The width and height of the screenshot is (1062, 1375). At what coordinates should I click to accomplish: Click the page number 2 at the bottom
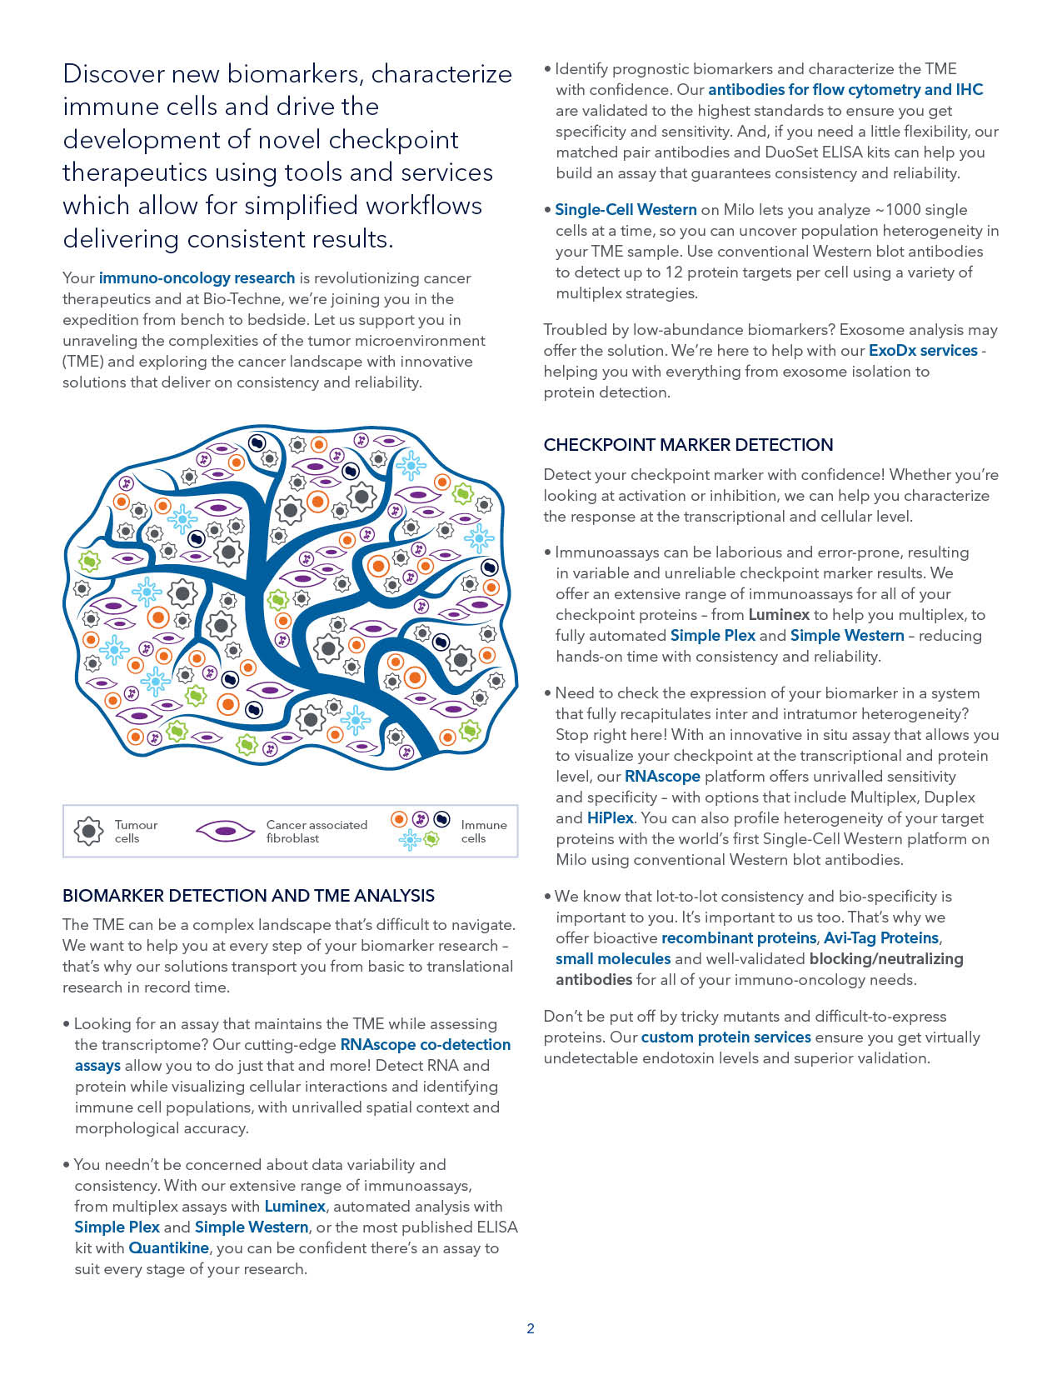point(531,1328)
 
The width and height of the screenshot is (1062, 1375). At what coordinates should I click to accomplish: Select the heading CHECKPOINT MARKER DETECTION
point(688,445)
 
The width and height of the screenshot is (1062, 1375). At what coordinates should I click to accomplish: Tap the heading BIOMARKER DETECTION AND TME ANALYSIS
point(248,896)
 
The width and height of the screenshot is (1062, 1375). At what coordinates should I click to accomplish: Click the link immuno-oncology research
point(197,278)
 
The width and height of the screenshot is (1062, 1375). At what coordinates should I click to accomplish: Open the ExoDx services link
point(923,351)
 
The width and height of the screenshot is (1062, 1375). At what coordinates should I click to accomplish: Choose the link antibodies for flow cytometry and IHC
point(845,90)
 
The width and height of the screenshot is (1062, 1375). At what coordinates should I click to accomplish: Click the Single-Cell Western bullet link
point(626,210)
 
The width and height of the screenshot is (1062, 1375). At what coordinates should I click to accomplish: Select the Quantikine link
point(168,1248)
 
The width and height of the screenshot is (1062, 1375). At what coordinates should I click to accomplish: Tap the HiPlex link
point(611,818)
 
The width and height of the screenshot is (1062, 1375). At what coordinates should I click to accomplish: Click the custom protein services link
point(725,1037)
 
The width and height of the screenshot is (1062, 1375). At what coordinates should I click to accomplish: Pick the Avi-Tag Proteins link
point(881,938)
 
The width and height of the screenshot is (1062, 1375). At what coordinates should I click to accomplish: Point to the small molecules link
point(613,959)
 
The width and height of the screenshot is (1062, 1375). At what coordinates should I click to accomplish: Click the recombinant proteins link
point(739,938)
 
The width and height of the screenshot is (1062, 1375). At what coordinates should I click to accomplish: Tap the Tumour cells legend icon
point(89,831)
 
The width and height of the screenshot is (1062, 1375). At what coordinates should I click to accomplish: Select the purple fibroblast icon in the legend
point(224,831)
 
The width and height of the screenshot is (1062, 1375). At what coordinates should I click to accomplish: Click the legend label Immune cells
point(483,832)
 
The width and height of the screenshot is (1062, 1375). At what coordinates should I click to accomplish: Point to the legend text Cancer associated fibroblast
point(317,832)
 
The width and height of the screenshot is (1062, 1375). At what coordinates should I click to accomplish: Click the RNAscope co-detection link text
point(425,1045)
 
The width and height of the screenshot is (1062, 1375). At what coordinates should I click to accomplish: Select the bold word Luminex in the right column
point(779,615)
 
